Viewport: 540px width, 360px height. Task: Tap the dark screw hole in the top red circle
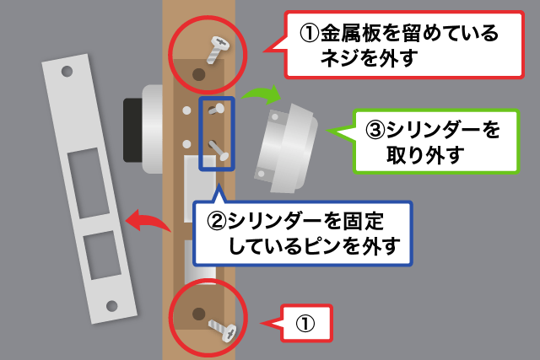point(199,75)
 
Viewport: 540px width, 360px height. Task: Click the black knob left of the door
point(133,128)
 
